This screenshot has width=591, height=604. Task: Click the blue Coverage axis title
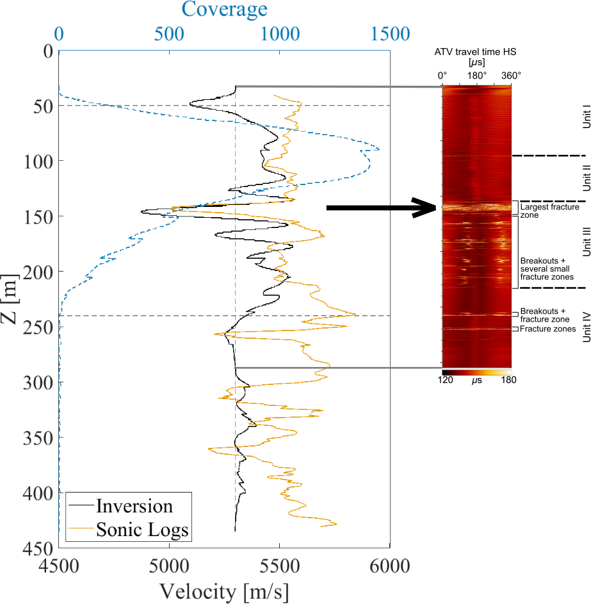coord(224,10)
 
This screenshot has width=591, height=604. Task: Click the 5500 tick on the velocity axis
coord(279,566)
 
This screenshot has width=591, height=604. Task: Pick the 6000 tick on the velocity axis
coord(389,566)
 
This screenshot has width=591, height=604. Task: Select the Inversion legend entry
coord(134,506)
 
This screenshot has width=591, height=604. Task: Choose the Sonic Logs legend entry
coord(142,530)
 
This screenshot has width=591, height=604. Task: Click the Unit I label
coord(585,118)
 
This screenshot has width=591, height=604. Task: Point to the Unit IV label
coord(585,327)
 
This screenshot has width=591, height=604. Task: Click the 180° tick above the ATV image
coord(476,76)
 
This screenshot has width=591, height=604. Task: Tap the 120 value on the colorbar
coord(445,380)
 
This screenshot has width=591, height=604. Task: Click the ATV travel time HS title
coord(475,49)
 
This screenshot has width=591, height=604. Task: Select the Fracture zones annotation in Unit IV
coord(547,329)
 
